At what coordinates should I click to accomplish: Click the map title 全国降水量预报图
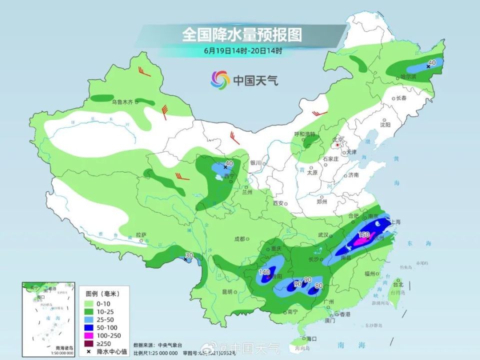click(x=242, y=34)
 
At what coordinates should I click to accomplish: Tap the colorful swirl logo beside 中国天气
click(x=220, y=79)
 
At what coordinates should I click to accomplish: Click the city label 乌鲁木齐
click(x=122, y=102)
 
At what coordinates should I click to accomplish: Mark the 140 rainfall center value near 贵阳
click(x=264, y=272)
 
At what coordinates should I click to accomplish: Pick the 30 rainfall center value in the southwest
click(x=188, y=255)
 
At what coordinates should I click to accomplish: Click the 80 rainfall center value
click(x=318, y=286)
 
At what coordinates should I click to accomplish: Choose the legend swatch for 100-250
click(x=89, y=335)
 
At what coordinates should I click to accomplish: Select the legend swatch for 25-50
click(x=89, y=319)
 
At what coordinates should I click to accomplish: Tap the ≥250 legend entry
click(x=102, y=343)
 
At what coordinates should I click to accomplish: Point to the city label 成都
click(x=239, y=239)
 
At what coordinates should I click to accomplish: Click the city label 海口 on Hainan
click(x=311, y=338)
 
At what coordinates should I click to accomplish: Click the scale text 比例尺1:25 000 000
click(x=155, y=353)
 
